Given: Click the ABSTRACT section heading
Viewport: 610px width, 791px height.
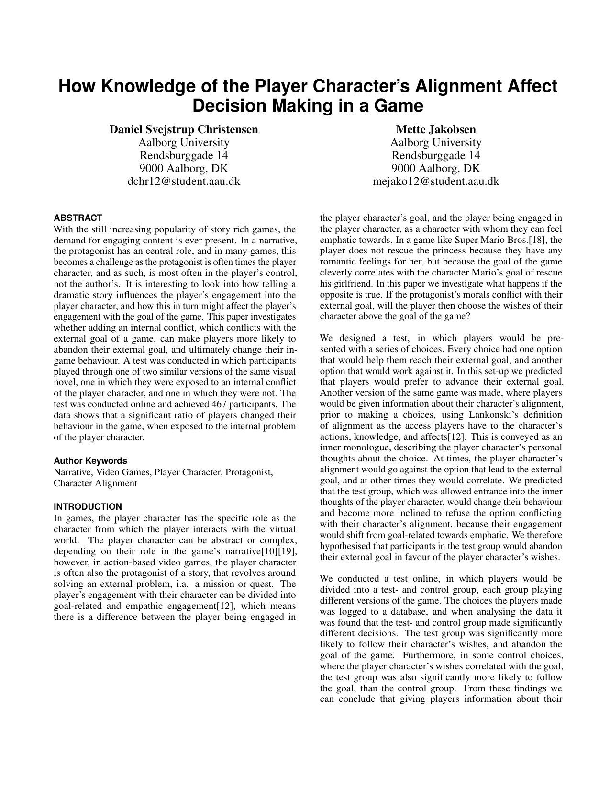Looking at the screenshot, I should [x=78, y=218].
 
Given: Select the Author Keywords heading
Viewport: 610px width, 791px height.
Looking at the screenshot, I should [x=90, y=461].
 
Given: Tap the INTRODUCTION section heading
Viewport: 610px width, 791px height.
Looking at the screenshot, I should [x=88, y=507].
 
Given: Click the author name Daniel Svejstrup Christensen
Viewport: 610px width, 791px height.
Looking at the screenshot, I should [x=184, y=129].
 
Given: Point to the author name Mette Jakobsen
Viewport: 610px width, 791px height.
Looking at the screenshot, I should [x=436, y=129].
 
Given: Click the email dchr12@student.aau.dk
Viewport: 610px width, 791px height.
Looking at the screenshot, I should [x=184, y=181].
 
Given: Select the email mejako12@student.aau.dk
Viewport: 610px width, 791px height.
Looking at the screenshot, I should [x=436, y=181].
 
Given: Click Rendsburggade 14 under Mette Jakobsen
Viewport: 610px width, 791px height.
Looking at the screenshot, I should [x=436, y=155].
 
